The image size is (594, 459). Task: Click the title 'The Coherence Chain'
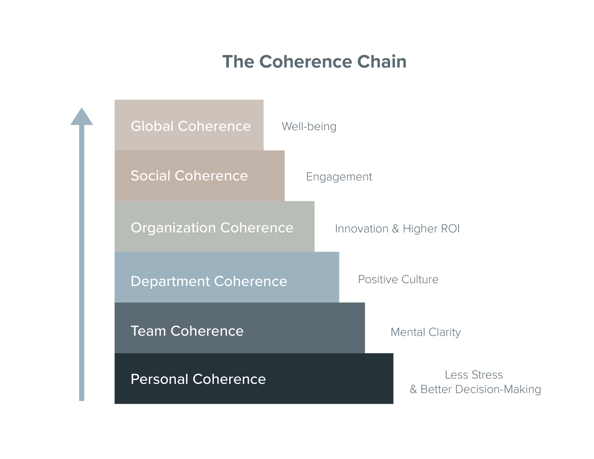tap(314, 62)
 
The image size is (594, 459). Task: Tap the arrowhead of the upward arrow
tap(82, 117)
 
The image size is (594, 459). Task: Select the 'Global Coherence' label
tap(190, 126)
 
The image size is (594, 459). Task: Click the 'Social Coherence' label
tap(189, 176)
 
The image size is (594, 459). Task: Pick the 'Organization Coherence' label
tap(212, 228)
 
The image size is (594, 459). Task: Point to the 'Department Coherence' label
tap(209, 281)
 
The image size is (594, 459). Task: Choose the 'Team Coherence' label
tap(187, 331)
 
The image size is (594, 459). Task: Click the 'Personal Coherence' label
tap(198, 379)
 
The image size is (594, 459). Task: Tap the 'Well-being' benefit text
tap(309, 127)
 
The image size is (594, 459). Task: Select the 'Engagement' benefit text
tap(339, 177)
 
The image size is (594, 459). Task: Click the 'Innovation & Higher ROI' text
tap(397, 229)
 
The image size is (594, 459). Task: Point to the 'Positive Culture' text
tap(398, 279)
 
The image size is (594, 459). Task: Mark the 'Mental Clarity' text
tap(426, 332)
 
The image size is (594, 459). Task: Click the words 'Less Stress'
tap(474, 374)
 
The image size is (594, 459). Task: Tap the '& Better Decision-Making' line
tap(475, 389)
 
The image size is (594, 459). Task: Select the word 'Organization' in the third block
tap(173, 228)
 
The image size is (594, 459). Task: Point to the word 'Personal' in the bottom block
tap(160, 379)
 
